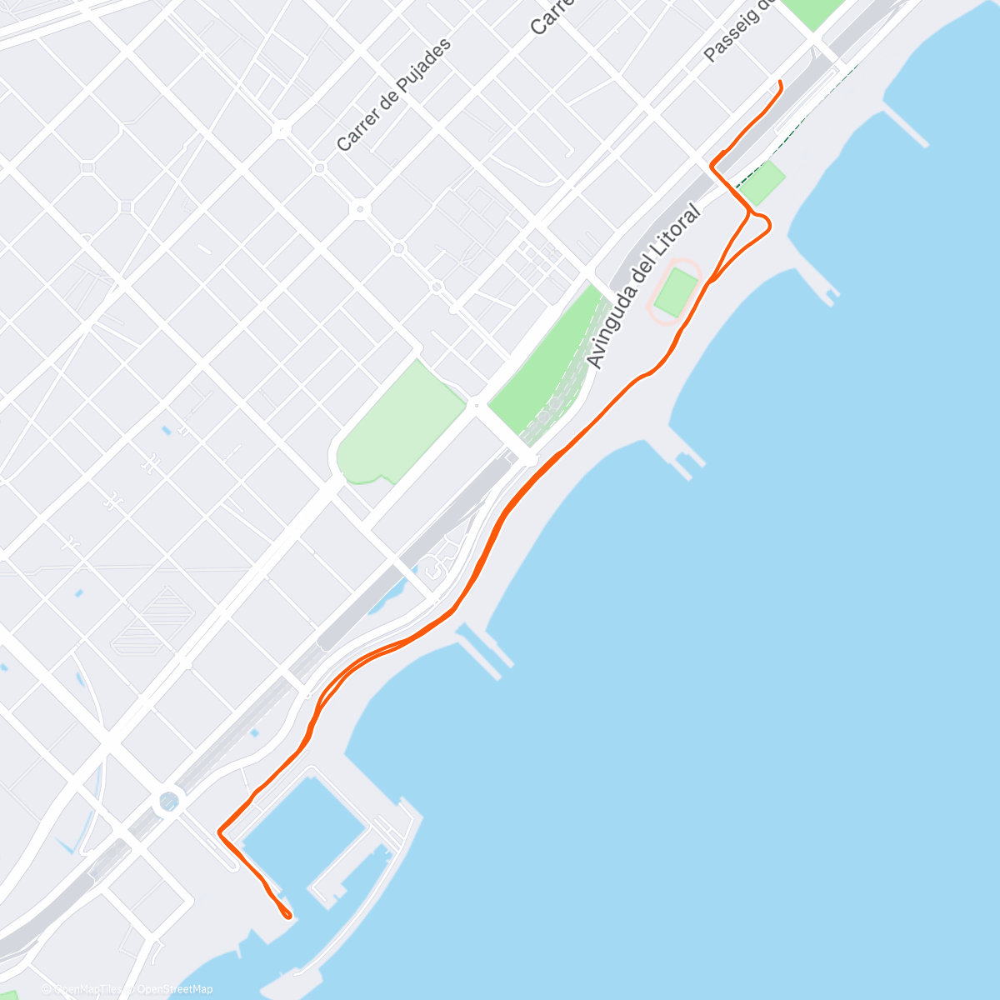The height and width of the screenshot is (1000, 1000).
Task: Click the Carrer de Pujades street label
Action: pos(394,94)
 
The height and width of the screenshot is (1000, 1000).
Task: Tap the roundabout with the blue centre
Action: pos(169,802)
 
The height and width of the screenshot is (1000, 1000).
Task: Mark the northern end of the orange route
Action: pos(780,82)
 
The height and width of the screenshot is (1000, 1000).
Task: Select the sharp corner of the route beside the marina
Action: pos(219,831)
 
